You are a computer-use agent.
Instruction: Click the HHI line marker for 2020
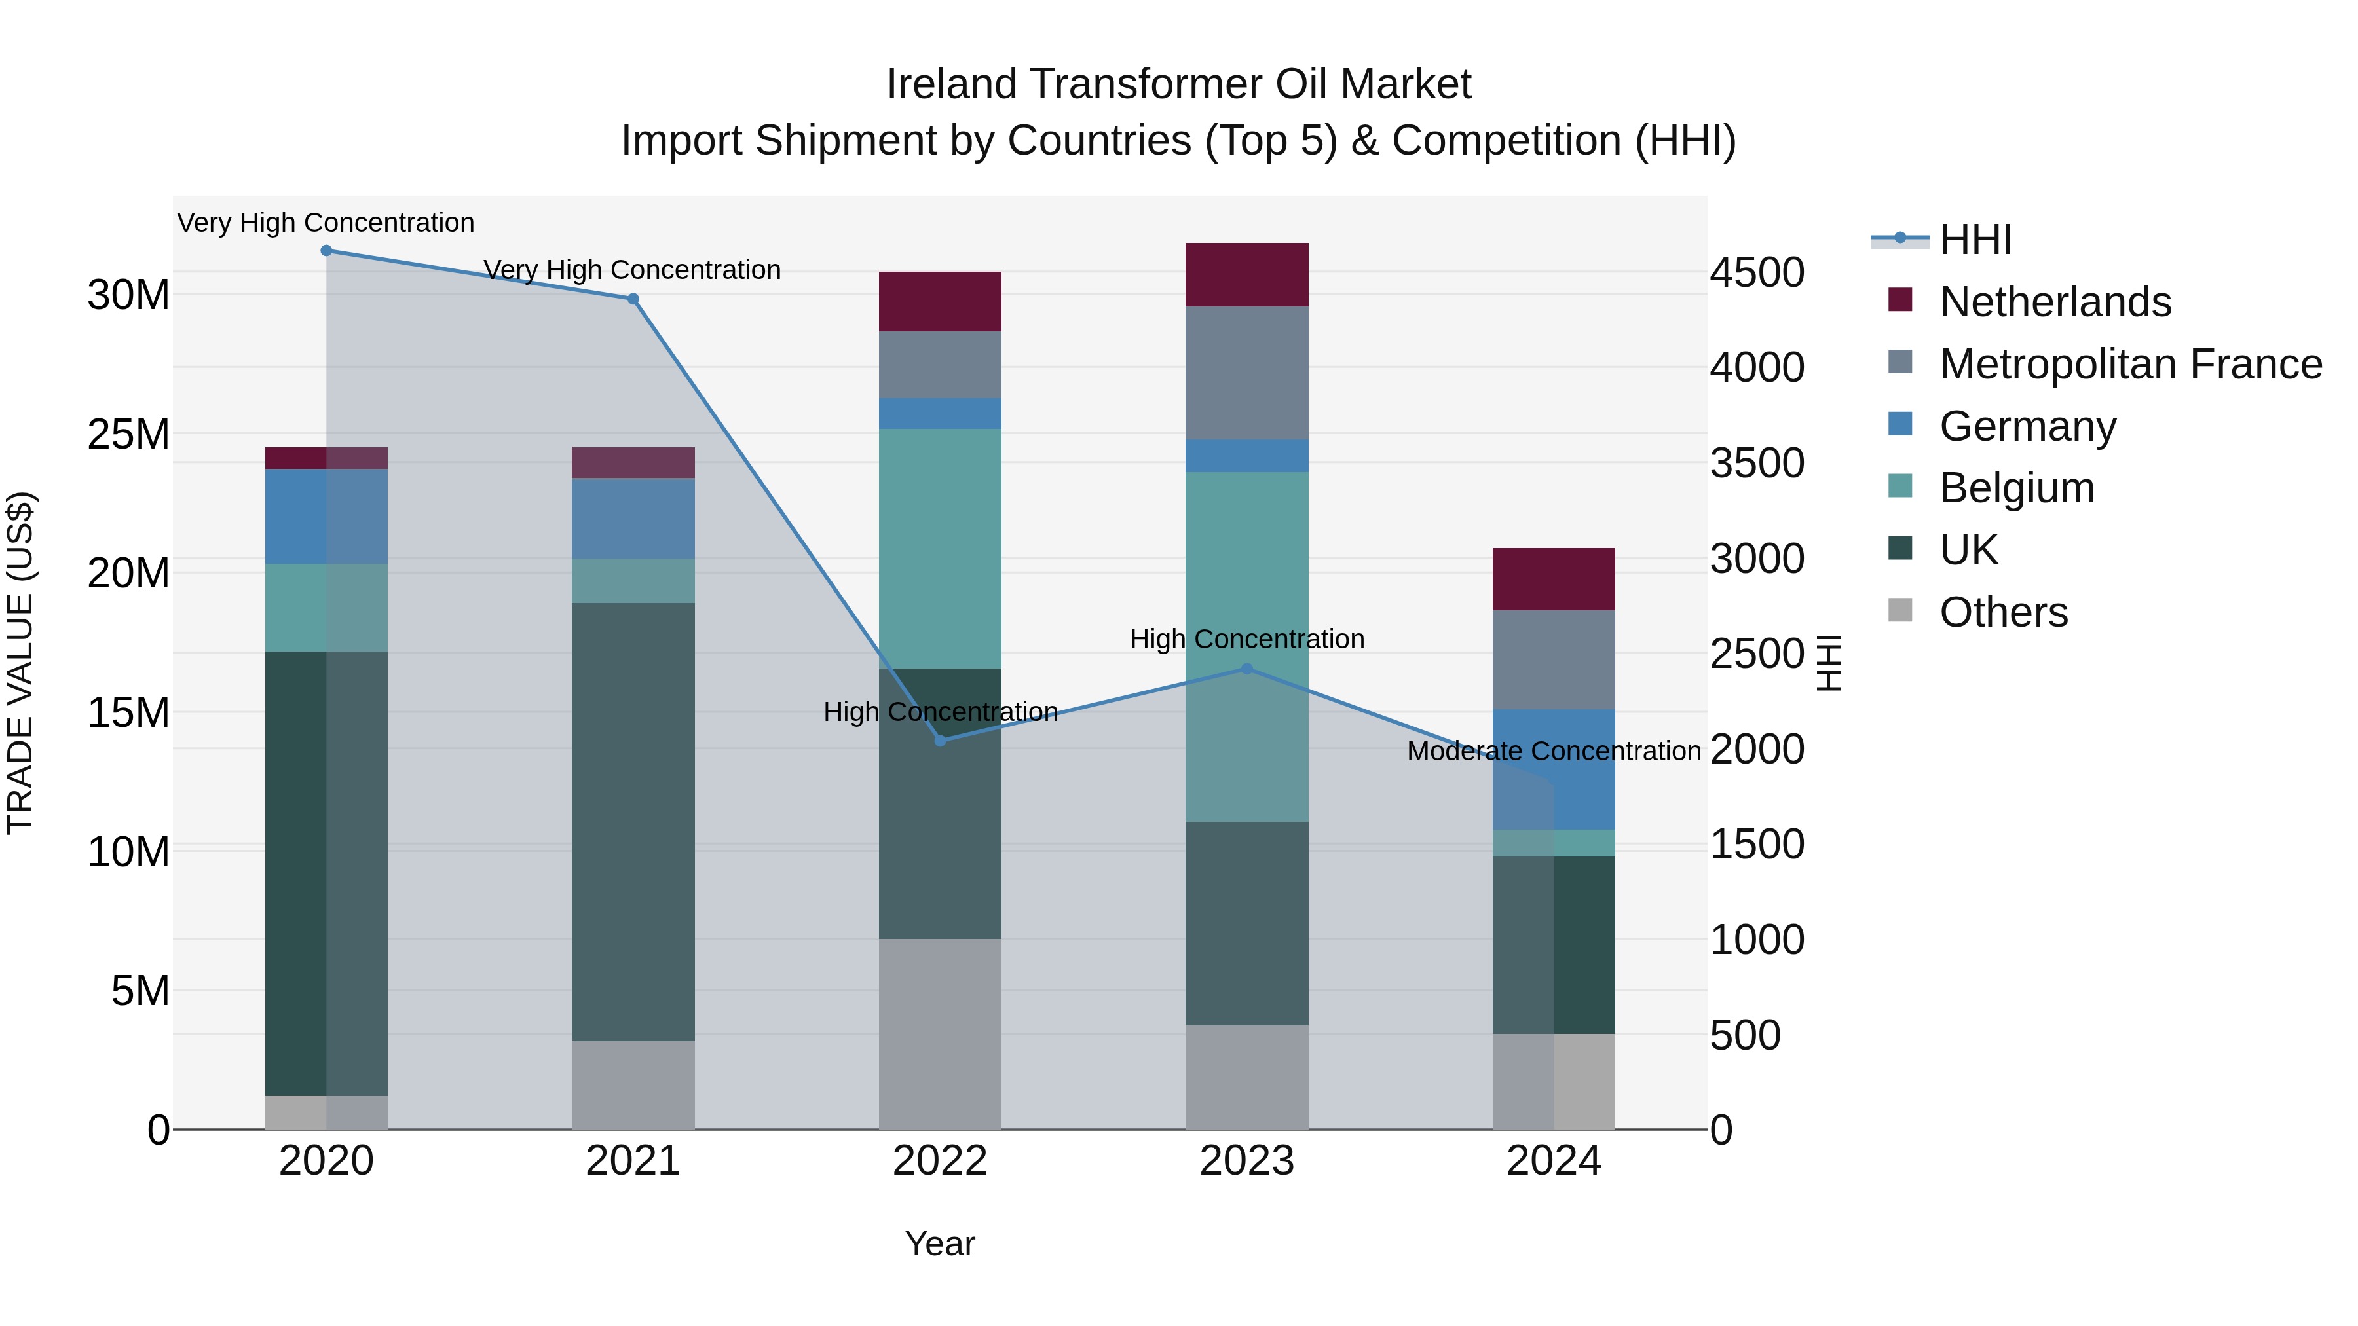coord(326,251)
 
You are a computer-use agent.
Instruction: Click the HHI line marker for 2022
coord(940,741)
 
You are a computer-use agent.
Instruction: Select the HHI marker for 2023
coord(1246,669)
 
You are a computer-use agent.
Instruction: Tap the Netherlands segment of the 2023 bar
coord(1246,274)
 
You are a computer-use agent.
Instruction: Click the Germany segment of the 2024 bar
coord(1554,769)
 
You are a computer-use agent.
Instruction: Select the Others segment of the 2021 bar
coord(633,1084)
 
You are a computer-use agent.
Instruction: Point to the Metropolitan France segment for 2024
coord(1554,659)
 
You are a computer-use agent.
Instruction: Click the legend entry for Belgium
coord(2017,488)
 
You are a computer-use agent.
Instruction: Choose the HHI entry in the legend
coord(1975,240)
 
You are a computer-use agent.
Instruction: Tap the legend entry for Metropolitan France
coord(2130,364)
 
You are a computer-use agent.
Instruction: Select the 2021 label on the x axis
coord(633,1161)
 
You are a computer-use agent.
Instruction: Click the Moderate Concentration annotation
coord(1554,751)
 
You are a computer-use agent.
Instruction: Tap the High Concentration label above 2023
coord(1246,638)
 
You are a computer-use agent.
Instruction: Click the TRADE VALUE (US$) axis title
coord(20,663)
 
